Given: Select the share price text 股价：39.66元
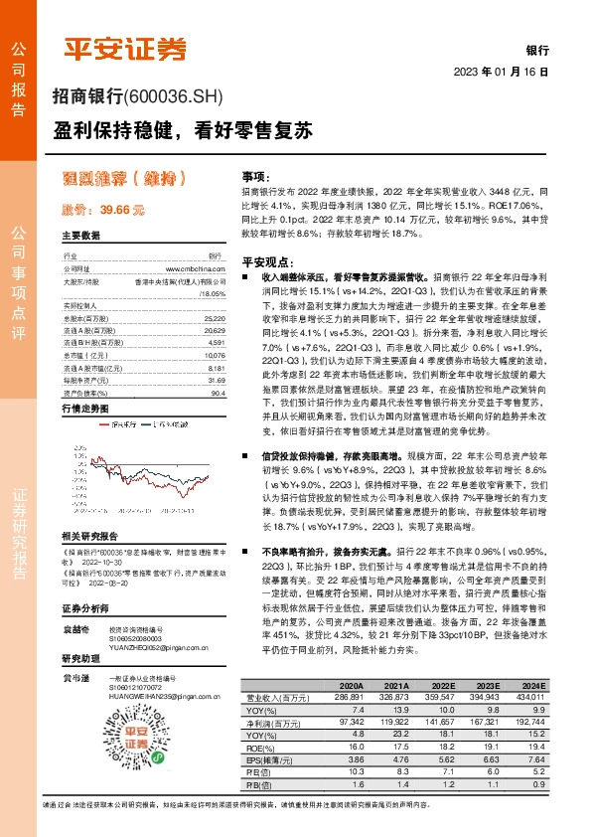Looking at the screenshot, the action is click(x=103, y=211).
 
